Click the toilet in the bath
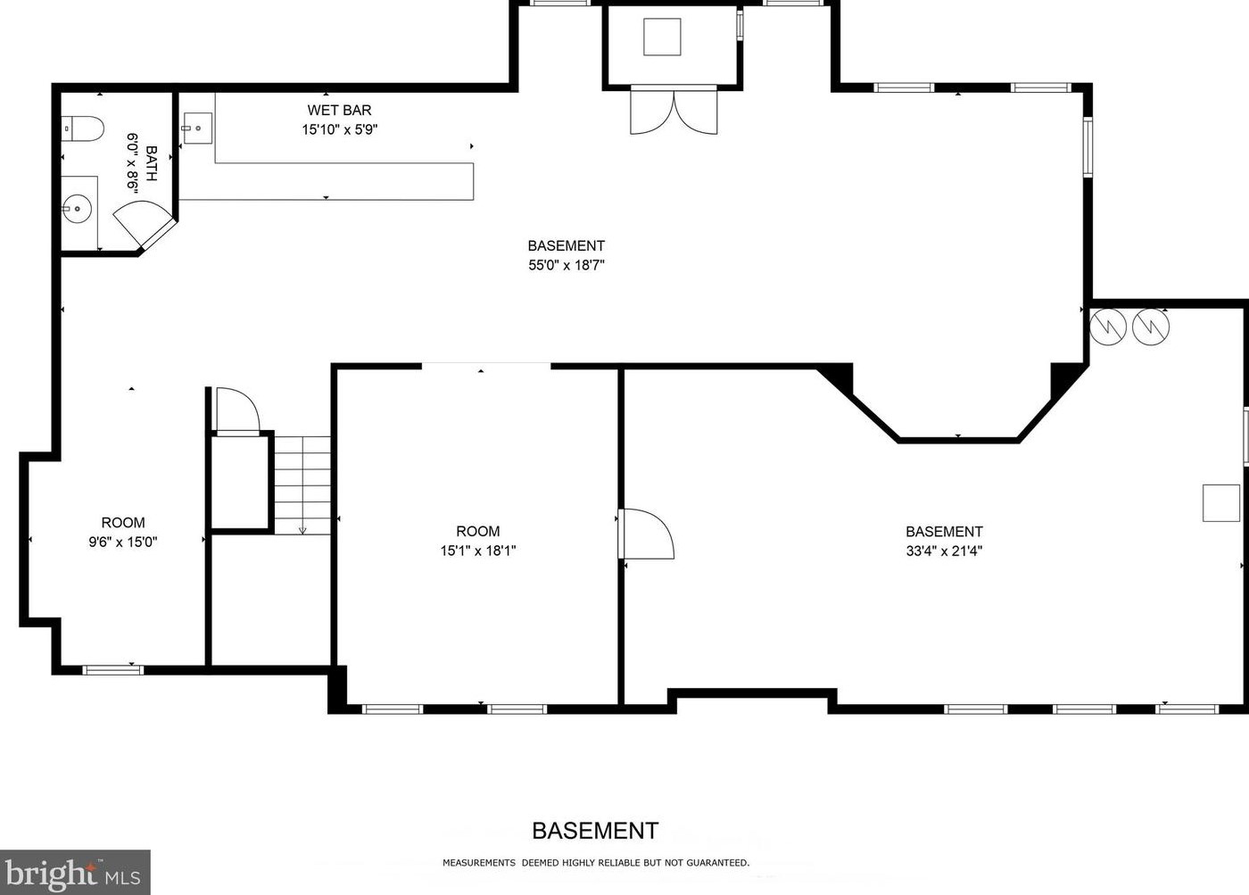pyautogui.click(x=82, y=129)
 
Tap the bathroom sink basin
pyautogui.click(x=79, y=211)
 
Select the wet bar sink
pyautogui.click(x=196, y=128)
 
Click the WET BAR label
pyautogui.click(x=339, y=111)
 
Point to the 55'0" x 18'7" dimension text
pyautogui.click(x=567, y=265)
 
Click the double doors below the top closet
pyautogui.click(x=674, y=111)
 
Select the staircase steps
pyautogui.click(x=302, y=485)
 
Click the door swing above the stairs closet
pyautogui.click(x=237, y=410)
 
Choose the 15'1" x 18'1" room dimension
pyautogui.click(x=478, y=551)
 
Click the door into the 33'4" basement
pyautogui.click(x=646, y=535)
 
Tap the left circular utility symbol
pyautogui.click(x=1108, y=326)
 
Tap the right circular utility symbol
pyautogui.click(x=1151, y=326)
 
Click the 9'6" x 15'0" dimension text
pyautogui.click(x=123, y=542)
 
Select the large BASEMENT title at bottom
pyautogui.click(x=595, y=831)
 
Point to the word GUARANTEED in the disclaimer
pyautogui.click(x=717, y=863)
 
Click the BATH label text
pyautogui.click(x=151, y=163)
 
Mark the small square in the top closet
pyautogui.click(x=662, y=37)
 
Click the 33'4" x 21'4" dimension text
pyautogui.click(x=944, y=551)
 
